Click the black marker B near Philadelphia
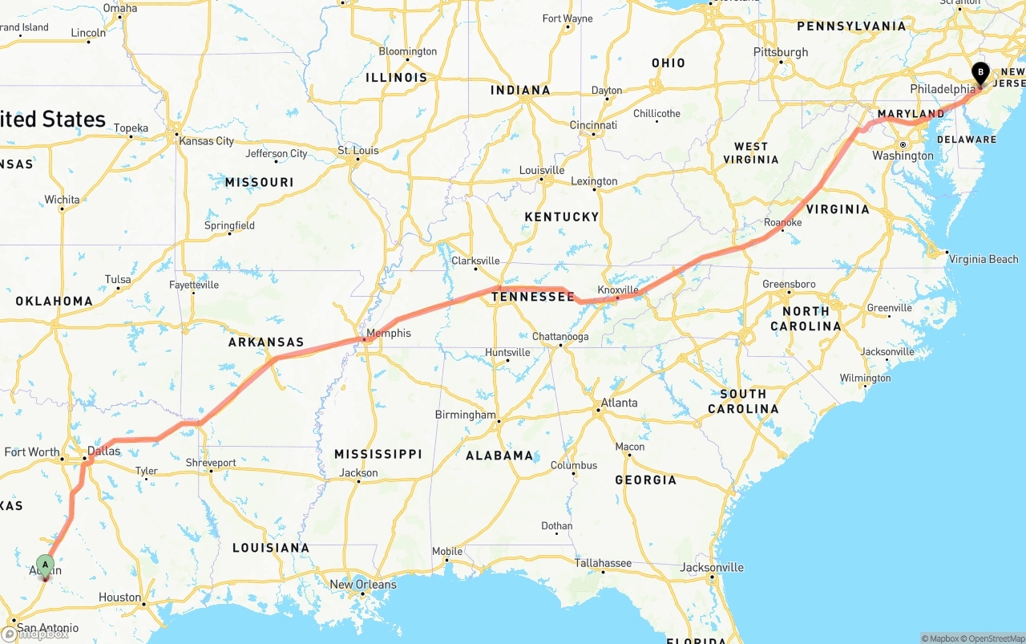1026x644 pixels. click(980, 73)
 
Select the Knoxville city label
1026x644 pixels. click(618, 290)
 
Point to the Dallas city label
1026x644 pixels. click(103, 451)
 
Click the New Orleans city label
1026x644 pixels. click(363, 584)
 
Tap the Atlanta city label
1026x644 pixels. click(620, 403)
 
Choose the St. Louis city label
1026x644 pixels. click(358, 150)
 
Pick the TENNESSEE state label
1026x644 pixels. click(533, 297)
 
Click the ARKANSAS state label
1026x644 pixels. click(266, 342)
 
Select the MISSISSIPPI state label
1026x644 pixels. click(378, 454)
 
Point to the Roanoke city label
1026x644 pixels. click(782, 222)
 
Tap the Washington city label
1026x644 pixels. click(903, 156)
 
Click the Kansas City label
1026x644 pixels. click(207, 141)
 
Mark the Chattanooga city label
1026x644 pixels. click(560, 336)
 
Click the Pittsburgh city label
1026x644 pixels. click(781, 52)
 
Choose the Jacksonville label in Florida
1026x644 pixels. click(712, 567)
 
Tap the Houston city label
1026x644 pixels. click(119, 597)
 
